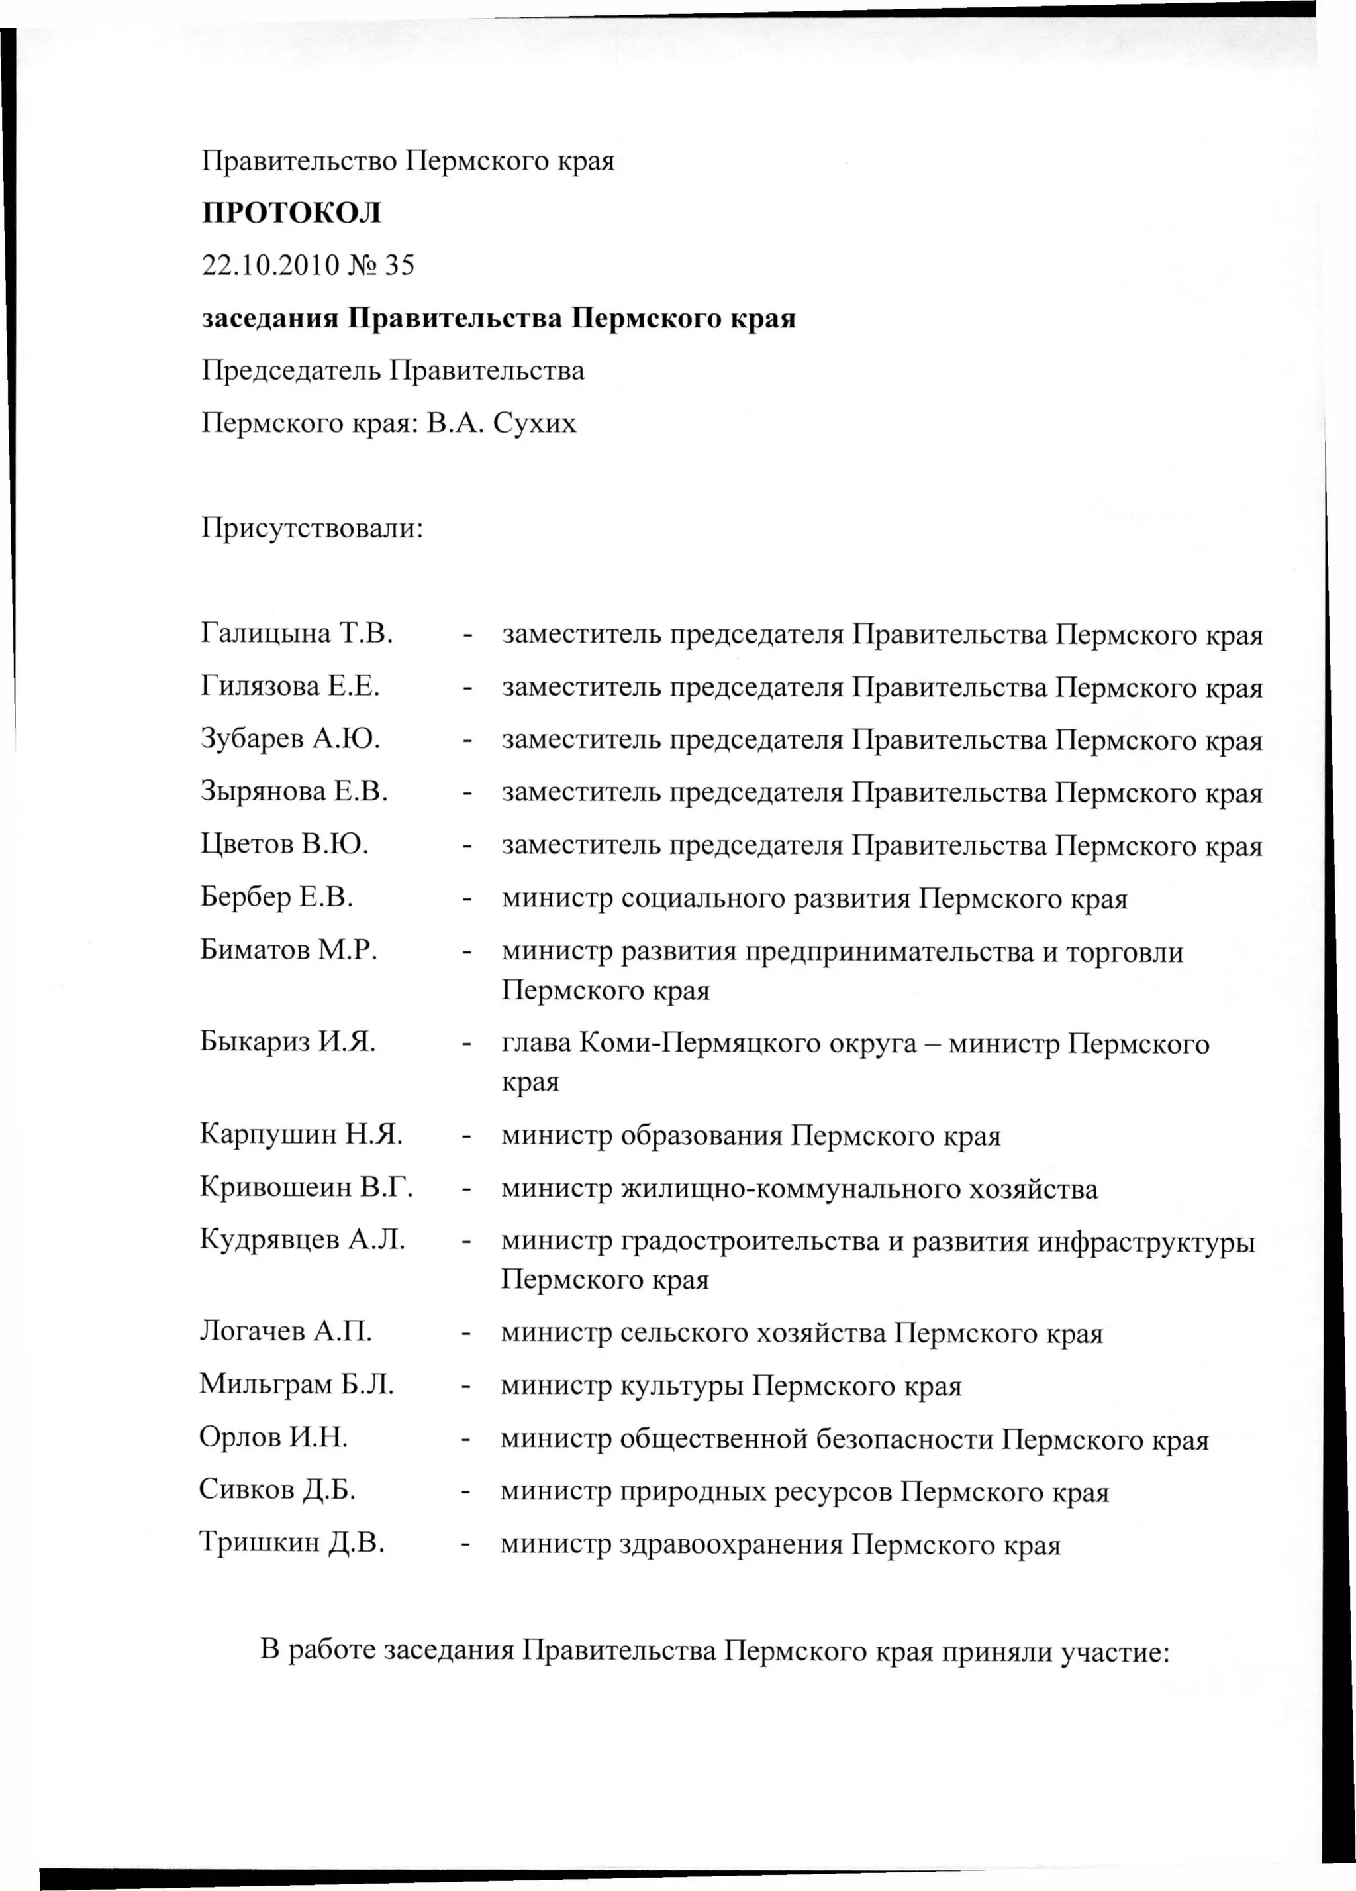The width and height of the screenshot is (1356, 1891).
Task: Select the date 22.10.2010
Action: point(271,265)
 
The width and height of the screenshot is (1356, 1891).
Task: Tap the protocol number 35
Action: point(399,265)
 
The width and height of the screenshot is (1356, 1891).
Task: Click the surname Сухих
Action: point(534,423)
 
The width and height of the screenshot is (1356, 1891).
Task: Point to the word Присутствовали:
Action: point(313,529)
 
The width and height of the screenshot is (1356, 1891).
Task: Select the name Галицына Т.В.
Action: point(297,635)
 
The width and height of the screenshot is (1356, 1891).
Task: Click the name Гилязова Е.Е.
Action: point(290,686)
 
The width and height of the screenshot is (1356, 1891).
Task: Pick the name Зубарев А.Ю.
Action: point(290,739)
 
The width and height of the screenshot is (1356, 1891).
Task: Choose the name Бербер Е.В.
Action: point(277,897)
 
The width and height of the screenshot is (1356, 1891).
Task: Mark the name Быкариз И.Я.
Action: point(287,1042)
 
